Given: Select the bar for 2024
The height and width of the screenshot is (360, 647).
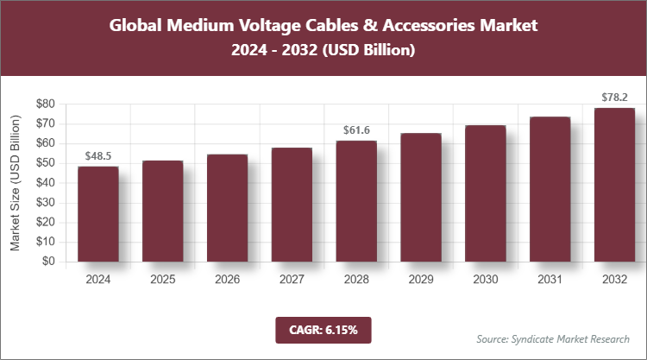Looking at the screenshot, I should [98, 214].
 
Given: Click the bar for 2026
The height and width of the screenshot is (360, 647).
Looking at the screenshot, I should [227, 208].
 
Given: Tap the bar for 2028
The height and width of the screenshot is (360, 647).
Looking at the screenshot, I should [356, 201].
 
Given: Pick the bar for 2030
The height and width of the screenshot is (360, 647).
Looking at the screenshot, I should [485, 193].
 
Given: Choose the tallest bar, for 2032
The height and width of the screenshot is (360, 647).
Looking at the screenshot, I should [614, 185].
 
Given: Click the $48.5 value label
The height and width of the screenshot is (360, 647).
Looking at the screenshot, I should [98, 155].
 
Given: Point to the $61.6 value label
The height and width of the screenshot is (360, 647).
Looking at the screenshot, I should [356, 129].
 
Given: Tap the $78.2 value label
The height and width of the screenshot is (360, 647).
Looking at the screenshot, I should [614, 97].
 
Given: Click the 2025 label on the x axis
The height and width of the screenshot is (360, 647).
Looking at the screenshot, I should [163, 280].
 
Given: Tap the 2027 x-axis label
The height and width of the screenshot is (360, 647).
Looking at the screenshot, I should [292, 280].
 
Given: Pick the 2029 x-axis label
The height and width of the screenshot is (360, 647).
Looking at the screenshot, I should [420, 280].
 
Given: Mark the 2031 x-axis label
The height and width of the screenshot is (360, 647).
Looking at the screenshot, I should [550, 280].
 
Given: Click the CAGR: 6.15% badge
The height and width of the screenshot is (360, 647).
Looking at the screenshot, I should [323, 330].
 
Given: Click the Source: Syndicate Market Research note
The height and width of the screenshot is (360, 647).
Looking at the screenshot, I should [552, 338].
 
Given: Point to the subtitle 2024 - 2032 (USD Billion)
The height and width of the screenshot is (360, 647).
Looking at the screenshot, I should [323, 51].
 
